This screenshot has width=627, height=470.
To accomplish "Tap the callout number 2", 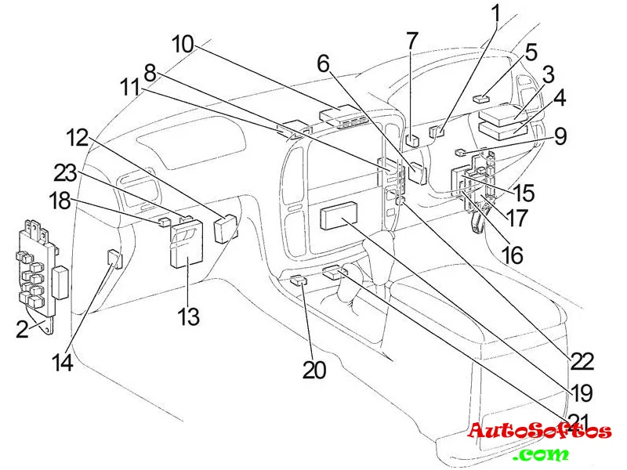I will [x=23, y=329].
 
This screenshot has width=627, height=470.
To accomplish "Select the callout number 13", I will [x=188, y=316].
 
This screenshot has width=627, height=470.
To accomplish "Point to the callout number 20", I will [x=314, y=370].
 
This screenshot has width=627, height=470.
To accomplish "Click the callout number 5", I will [x=531, y=52].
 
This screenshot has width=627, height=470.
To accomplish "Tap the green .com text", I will [x=542, y=454].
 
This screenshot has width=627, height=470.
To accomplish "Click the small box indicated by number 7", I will [x=412, y=142].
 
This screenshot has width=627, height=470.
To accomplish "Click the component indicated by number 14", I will [x=114, y=257].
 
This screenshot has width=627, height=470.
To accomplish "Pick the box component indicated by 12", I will [x=224, y=228].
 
